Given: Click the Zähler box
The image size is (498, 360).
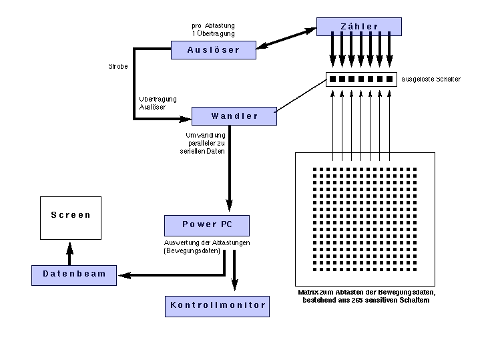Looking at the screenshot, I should pyautogui.click(x=358, y=27).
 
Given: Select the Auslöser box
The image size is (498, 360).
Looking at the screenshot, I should pyautogui.click(x=214, y=49).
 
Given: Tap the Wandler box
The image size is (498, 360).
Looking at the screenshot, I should pyautogui.click(x=234, y=116).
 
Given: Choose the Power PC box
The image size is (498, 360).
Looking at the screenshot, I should pyautogui.click(x=207, y=224).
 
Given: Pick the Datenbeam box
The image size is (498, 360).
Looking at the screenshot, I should pyautogui.click(x=73, y=275).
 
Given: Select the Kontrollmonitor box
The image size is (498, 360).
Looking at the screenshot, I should pyautogui.click(x=217, y=305).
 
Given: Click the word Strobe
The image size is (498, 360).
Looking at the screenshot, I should pyautogui.click(x=117, y=67).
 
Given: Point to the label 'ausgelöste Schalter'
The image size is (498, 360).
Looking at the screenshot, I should pyautogui.click(x=431, y=79).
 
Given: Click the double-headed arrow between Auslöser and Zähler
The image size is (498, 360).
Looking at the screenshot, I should pyautogui.click(x=286, y=37).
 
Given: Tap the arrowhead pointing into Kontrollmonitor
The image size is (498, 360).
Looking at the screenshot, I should pyautogui.click(x=234, y=287).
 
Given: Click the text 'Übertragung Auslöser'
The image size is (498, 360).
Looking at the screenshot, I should pyautogui.click(x=152, y=103).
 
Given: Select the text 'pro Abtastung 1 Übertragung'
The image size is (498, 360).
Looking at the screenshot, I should pyautogui.click(x=213, y=29).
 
